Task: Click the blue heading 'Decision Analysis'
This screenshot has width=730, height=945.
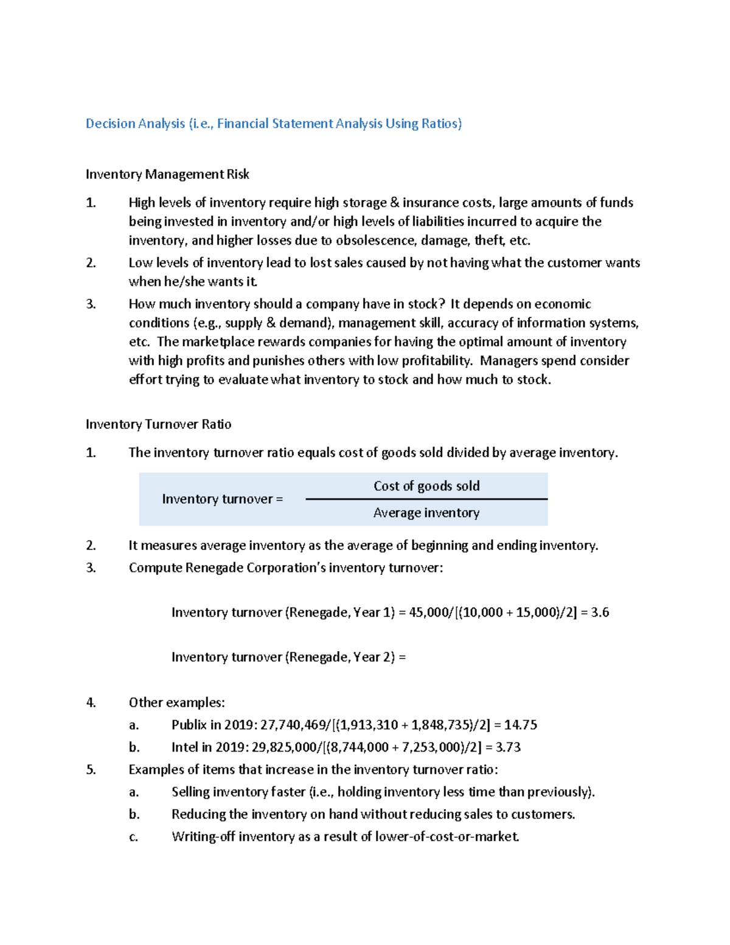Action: [135, 124]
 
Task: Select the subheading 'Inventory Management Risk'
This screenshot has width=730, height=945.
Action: [167, 175]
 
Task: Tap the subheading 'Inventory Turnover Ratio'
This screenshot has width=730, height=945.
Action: [158, 424]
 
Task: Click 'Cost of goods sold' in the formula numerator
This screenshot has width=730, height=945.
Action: [426, 486]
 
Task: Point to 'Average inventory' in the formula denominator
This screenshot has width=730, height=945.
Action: [426, 513]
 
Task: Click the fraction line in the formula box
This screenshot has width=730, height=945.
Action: [426, 499]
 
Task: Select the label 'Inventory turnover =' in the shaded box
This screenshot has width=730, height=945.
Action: [222, 499]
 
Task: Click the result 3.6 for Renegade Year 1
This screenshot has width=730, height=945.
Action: [600, 612]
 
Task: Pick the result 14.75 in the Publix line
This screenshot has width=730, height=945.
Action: [520, 725]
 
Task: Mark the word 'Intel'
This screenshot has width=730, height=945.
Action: [184, 747]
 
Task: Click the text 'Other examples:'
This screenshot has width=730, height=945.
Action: [176, 703]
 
